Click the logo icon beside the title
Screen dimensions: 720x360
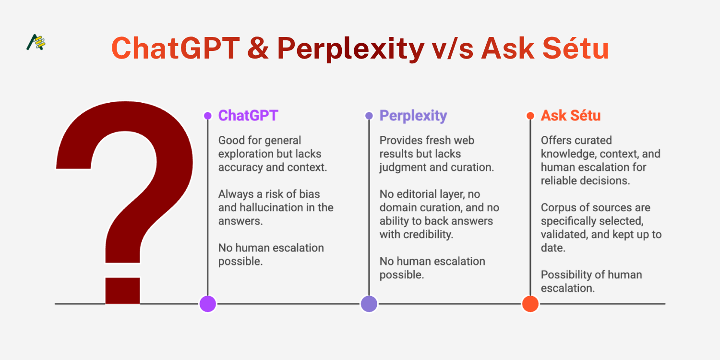click(36, 42)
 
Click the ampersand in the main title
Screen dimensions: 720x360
click(258, 48)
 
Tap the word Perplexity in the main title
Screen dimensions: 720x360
click(351, 49)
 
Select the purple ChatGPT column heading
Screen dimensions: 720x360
click(248, 115)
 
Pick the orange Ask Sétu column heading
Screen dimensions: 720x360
click(571, 115)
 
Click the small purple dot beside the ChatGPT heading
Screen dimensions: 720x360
click(208, 116)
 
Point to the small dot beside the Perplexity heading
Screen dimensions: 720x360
click(369, 116)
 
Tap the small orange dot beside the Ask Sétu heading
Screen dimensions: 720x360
click(530, 116)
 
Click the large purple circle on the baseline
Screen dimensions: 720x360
click(208, 304)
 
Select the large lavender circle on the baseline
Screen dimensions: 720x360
click(369, 304)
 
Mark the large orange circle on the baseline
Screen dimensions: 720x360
click(530, 304)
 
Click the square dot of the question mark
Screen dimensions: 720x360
click(122, 290)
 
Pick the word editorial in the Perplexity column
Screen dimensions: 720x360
click(419, 194)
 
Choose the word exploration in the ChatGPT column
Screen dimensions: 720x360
click(246, 154)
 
